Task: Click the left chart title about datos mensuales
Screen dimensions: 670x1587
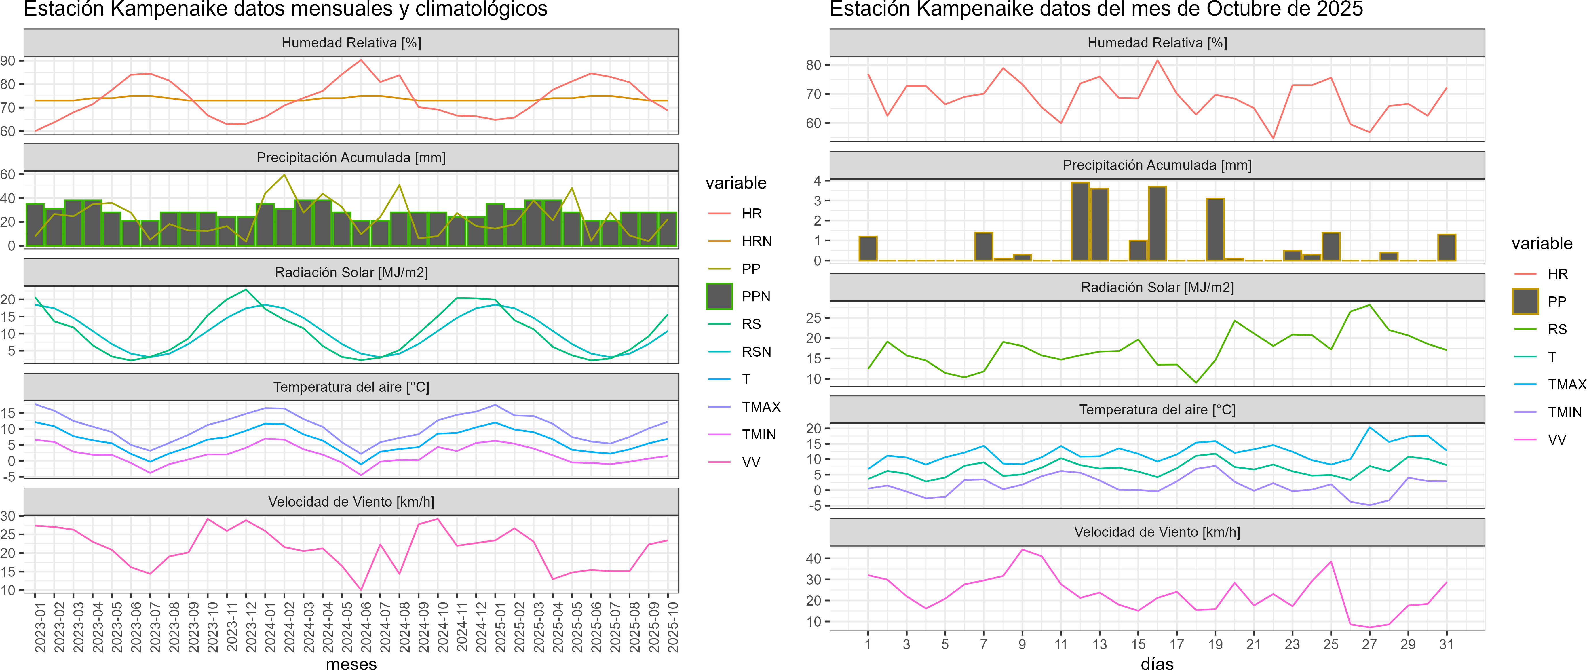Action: click(285, 9)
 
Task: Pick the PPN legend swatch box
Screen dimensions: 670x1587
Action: click(719, 296)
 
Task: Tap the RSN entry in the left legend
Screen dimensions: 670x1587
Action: click(756, 352)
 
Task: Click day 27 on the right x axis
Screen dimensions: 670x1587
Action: click(1369, 644)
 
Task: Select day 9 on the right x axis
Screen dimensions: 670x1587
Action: click(1022, 644)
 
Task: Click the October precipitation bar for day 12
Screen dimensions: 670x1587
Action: click(1080, 222)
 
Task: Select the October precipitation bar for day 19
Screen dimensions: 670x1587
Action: click(1215, 230)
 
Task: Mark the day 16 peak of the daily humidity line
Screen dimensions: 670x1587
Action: click(1157, 60)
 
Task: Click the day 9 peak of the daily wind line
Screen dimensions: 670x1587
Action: click(1022, 549)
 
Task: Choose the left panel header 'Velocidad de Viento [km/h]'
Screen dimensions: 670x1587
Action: click(351, 502)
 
